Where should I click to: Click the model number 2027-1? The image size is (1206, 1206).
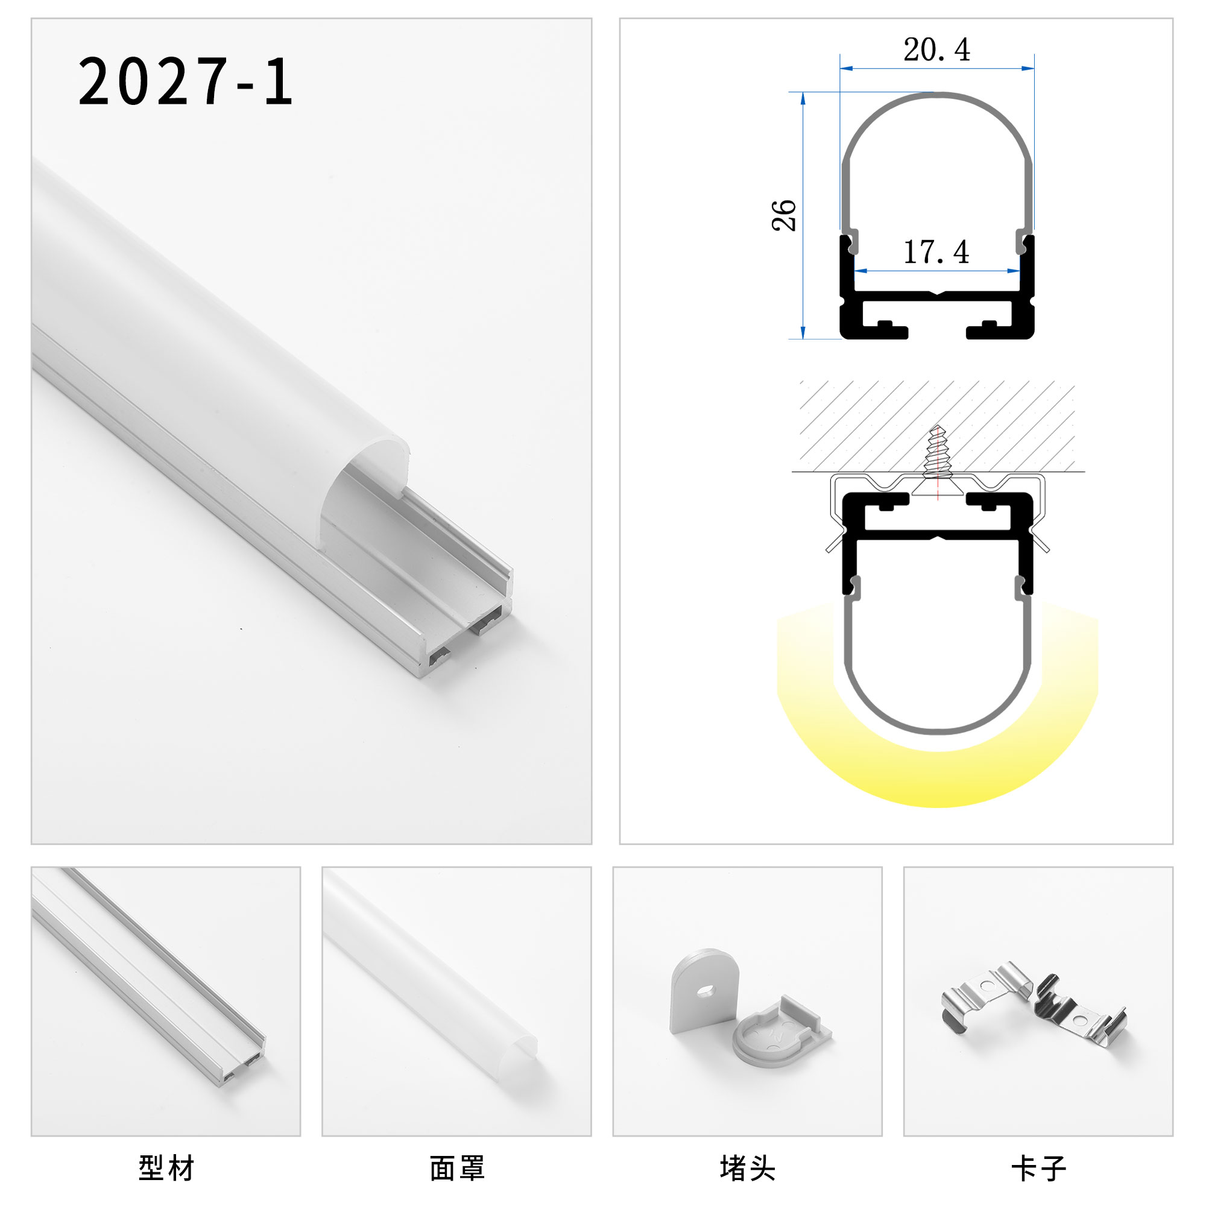[x=185, y=81]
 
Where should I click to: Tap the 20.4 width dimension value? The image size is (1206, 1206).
[x=936, y=50]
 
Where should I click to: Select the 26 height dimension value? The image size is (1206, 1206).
[x=784, y=216]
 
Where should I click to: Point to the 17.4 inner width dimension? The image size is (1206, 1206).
[x=936, y=252]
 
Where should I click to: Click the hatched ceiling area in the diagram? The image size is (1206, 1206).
[x=862, y=425]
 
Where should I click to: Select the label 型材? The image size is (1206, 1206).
[x=166, y=1169]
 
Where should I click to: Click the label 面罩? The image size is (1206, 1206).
[x=457, y=1169]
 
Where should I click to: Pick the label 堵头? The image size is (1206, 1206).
[x=747, y=1169]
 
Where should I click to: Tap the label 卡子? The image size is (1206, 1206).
[x=1038, y=1169]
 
